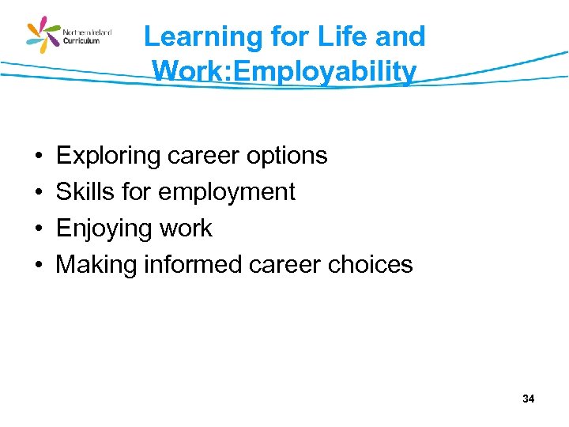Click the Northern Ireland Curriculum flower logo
click(44, 36)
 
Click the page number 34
click(528, 399)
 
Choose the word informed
click(192, 264)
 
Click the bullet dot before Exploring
click(38, 157)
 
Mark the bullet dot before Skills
click(38, 192)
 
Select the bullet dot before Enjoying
click(38, 229)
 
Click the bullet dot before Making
click(38, 265)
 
